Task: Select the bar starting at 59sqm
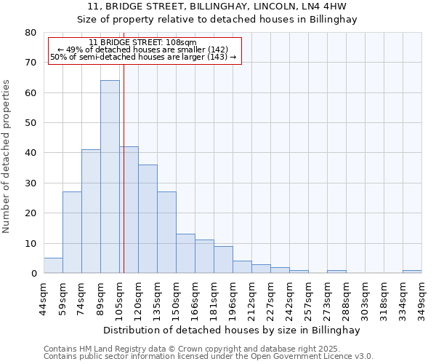tap(72, 232)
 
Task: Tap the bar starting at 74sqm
tap(91, 211)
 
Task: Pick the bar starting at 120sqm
tap(148, 218)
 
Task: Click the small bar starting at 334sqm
tap(412, 272)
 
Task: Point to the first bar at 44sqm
tap(53, 266)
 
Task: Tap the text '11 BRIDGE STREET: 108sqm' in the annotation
tap(142, 42)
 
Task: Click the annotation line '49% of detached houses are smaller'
tap(142, 50)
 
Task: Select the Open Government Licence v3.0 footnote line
tap(208, 357)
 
